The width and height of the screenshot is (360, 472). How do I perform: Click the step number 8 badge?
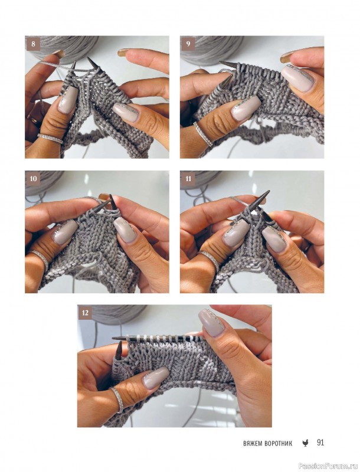33,44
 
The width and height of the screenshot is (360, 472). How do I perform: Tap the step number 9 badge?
188,44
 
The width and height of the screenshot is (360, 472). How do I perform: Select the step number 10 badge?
33,179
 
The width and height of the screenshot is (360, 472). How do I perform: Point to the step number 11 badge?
188,179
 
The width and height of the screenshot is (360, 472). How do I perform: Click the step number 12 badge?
86,313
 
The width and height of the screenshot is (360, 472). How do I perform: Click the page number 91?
320,442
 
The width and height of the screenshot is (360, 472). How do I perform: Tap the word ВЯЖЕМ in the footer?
253,444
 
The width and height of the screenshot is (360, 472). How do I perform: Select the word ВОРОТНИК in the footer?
279,444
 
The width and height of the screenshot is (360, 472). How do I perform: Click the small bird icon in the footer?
305,443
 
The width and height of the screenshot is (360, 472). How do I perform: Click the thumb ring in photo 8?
50,138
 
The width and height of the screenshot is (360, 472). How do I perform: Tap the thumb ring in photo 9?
203,134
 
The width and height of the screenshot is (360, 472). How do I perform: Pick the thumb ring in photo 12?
117,400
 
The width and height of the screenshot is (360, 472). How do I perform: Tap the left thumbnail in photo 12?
155,378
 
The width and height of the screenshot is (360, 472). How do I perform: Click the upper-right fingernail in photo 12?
211,322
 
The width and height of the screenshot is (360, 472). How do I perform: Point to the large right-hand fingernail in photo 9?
299,78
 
